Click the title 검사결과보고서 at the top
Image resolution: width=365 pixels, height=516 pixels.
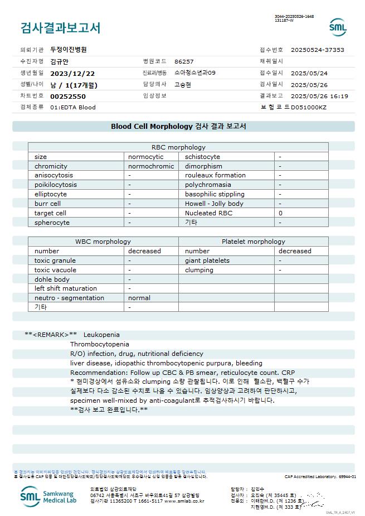point(60,27)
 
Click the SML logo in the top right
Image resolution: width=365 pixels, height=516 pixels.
point(337,27)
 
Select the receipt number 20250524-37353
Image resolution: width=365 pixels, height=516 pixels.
point(317,50)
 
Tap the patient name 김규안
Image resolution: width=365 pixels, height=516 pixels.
point(60,61)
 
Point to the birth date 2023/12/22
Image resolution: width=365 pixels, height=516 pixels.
point(72,73)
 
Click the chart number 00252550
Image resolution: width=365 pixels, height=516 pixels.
point(68,96)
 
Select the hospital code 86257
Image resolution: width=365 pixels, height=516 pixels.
point(184,61)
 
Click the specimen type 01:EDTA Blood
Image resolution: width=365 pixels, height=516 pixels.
point(72,107)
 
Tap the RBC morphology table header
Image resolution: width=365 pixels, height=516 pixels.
point(178,147)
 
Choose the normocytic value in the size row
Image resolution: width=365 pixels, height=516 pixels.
point(145,157)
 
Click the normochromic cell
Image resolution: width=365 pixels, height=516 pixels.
point(151,166)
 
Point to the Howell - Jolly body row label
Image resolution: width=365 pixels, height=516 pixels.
point(214,204)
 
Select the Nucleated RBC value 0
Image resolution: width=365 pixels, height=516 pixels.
point(280,213)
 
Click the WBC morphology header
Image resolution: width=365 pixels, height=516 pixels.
point(103,242)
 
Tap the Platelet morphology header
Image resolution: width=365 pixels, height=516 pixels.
point(253,242)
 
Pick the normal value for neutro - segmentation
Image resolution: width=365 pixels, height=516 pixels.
point(139,298)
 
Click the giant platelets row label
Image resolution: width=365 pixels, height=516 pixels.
point(207,261)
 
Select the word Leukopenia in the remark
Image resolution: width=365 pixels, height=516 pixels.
point(101,335)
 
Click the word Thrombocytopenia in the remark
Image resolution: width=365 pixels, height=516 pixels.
point(99,344)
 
